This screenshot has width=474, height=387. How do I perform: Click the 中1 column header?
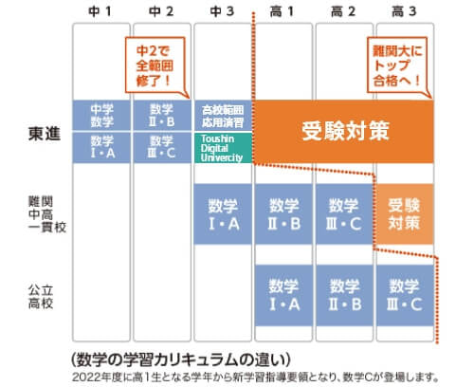[100, 11]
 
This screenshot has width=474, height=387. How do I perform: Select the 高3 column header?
[404, 11]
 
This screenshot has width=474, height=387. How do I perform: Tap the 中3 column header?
[222, 11]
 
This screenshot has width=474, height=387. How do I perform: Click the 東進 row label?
[45, 134]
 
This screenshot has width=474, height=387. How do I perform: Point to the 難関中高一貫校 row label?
[47, 214]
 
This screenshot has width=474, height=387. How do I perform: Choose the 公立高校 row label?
[41, 297]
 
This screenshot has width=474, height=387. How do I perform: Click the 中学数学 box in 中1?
[101, 116]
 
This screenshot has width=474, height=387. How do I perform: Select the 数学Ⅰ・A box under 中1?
[101, 148]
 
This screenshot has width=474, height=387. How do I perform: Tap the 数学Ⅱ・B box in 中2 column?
[162, 116]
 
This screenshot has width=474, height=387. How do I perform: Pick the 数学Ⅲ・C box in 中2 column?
[162, 148]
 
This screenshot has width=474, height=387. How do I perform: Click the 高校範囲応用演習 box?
[223, 116]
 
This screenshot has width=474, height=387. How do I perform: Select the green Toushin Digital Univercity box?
[223, 148]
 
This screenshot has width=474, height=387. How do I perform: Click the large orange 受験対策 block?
[344, 132]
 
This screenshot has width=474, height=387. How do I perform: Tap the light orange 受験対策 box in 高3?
[405, 214]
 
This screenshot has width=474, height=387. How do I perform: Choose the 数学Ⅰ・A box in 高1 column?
[283, 295]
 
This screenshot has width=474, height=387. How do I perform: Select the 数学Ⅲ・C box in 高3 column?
[405, 295]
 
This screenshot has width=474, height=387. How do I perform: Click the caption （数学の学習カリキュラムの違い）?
[180, 359]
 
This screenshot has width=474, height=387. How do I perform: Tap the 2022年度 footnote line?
[255, 378]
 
